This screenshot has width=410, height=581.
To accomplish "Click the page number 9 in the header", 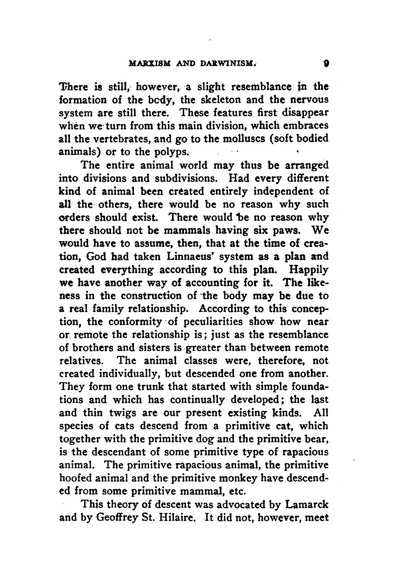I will pyautogui.click(x=325, y=64).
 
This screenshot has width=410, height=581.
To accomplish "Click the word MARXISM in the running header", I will pyautogui.click(x=149, y=65).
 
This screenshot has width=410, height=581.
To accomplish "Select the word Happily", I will pyautogui.click(x=308, y=270).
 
